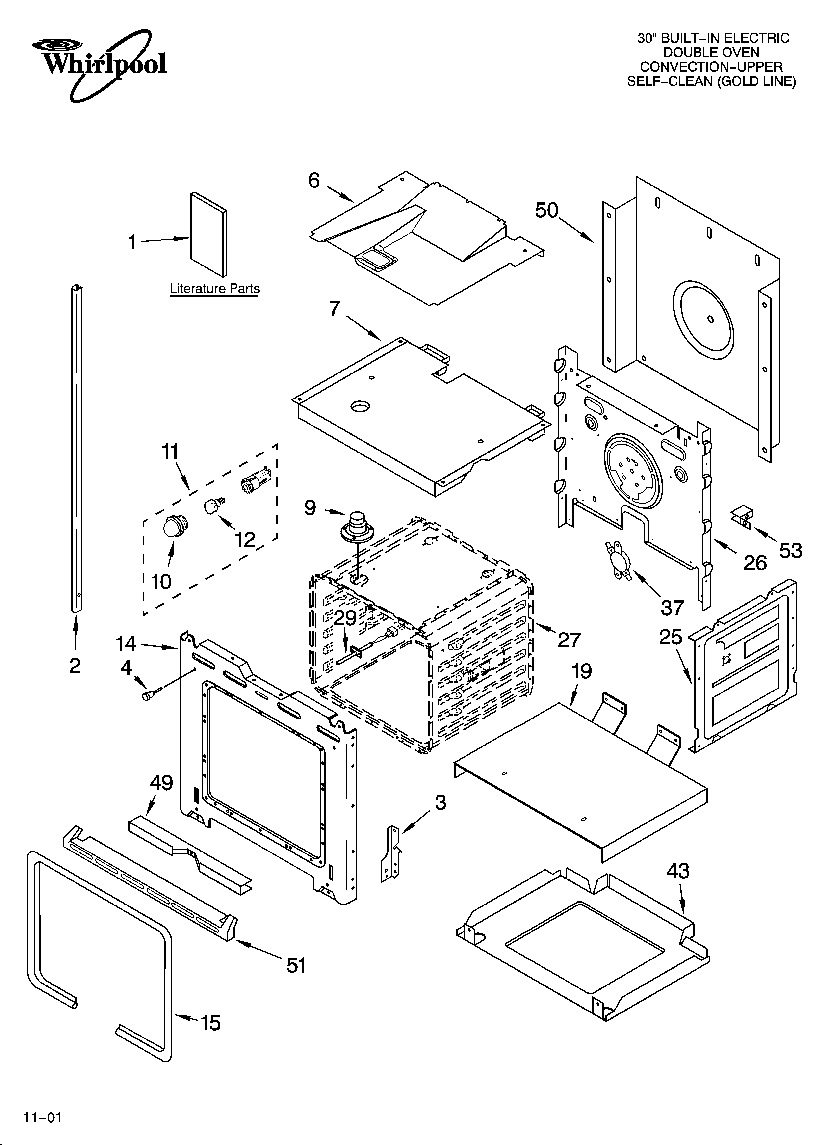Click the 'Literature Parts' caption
click(x=215, y=289)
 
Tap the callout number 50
click(x=547, y=211)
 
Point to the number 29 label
click(x=345, y=618)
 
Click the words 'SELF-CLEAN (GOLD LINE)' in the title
click(x=711, y=81)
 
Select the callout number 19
click(x=581, y=671)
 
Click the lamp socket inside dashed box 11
click(x=256, y=480)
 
